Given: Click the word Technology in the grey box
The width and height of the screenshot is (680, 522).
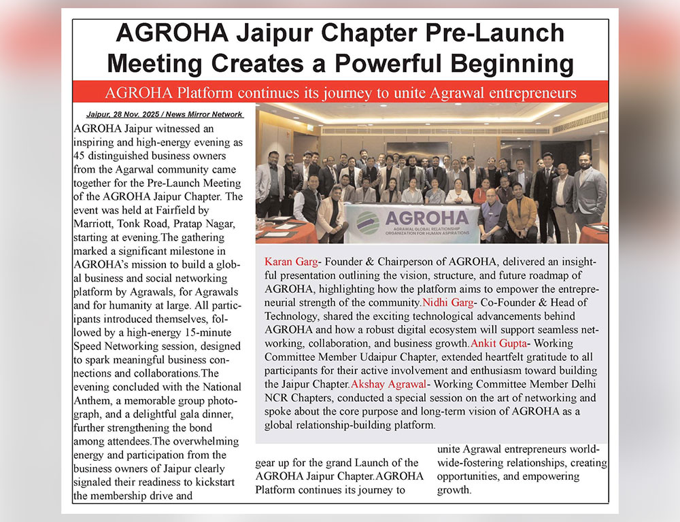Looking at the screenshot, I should (291, 317).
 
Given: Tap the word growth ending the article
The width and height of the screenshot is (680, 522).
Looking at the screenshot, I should (452, 490).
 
